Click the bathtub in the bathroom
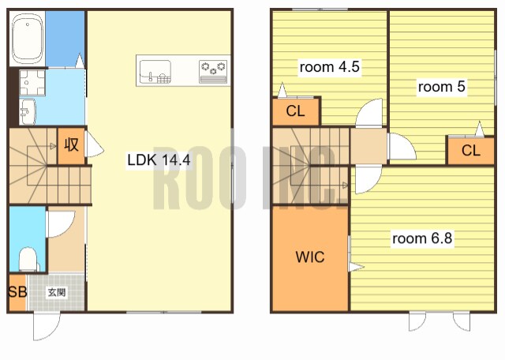pos(28,39)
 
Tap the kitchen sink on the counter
pos(155,71)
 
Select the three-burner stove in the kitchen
pos(213,72)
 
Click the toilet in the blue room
pos(28,259)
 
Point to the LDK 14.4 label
pos(159,159)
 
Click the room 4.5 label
pos(330,67)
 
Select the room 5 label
pos(442,87)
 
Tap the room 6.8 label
pos(422,238)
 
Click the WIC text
pos(310,257)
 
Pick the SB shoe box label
pos(17,292)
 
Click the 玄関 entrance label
pos(57,292)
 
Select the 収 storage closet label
pos(71,144)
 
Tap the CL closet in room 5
pos(471,151)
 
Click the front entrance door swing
pos(47,326)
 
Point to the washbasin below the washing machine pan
pos(28,112)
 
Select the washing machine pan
pos(32,83)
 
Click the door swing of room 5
pos(402,147)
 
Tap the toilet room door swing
pos(62,224)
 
